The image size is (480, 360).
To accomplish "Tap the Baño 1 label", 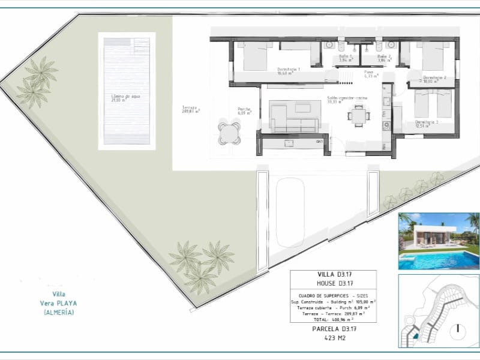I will click(x=345, y=58).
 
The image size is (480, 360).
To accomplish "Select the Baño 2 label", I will click(x=384, y=58).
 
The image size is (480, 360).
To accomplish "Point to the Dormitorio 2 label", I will click(x=435, y=79).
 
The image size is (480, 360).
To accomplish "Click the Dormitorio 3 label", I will click(x=427, y=124).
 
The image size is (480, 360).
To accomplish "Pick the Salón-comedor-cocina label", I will click(x=347, y=99).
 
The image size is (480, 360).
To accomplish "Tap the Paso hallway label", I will click(x=370, y=74).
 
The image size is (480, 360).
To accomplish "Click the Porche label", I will click(x=244, y=111).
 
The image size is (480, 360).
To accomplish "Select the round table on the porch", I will click(x=229, y=133).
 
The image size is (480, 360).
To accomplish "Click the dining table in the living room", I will click(x=359, y=115).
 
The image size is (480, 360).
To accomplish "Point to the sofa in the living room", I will click(x=293, y=116).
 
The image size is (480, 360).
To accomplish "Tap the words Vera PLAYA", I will click(x=59, y=303).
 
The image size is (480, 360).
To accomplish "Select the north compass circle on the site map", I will click(x=458, y=329).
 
